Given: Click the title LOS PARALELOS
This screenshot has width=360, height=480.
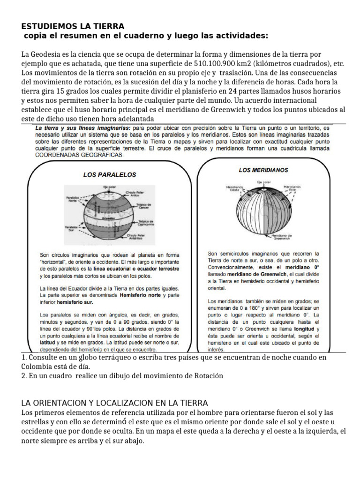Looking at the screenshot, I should click(x=109, y=174).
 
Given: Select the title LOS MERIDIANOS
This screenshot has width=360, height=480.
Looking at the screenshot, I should click(x=263, y=170).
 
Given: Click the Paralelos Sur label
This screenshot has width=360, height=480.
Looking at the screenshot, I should click(x=70, y=229).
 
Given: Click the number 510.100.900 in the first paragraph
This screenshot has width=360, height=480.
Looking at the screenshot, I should click(x=217, y=64).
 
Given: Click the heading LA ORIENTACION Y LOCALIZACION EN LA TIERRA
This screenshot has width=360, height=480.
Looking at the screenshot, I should click(x=115, y=403).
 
